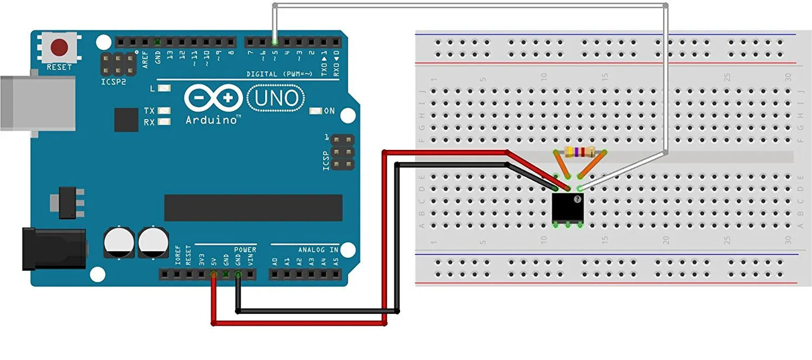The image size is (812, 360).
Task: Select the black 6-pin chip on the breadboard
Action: tap(568, 207)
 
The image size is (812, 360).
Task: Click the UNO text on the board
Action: tap(276, 98)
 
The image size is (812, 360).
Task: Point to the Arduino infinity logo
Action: tap(214, 98)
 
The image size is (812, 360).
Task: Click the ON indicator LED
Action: tap(315, 111)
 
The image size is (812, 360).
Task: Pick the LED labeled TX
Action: tap(164, 111)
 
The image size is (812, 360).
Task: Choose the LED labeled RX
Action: tap(164, 122)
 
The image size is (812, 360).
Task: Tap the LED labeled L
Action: tap(164, 89)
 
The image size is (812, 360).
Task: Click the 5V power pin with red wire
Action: tap(214, 275)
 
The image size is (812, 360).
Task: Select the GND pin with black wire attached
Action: tap(238, 275)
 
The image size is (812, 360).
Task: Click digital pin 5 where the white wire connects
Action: tap(274, 42)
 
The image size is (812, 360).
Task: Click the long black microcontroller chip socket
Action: tap(253, 208)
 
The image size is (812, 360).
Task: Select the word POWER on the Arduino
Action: tap(245, 250)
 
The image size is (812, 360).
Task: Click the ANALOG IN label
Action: tap(318, 250)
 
